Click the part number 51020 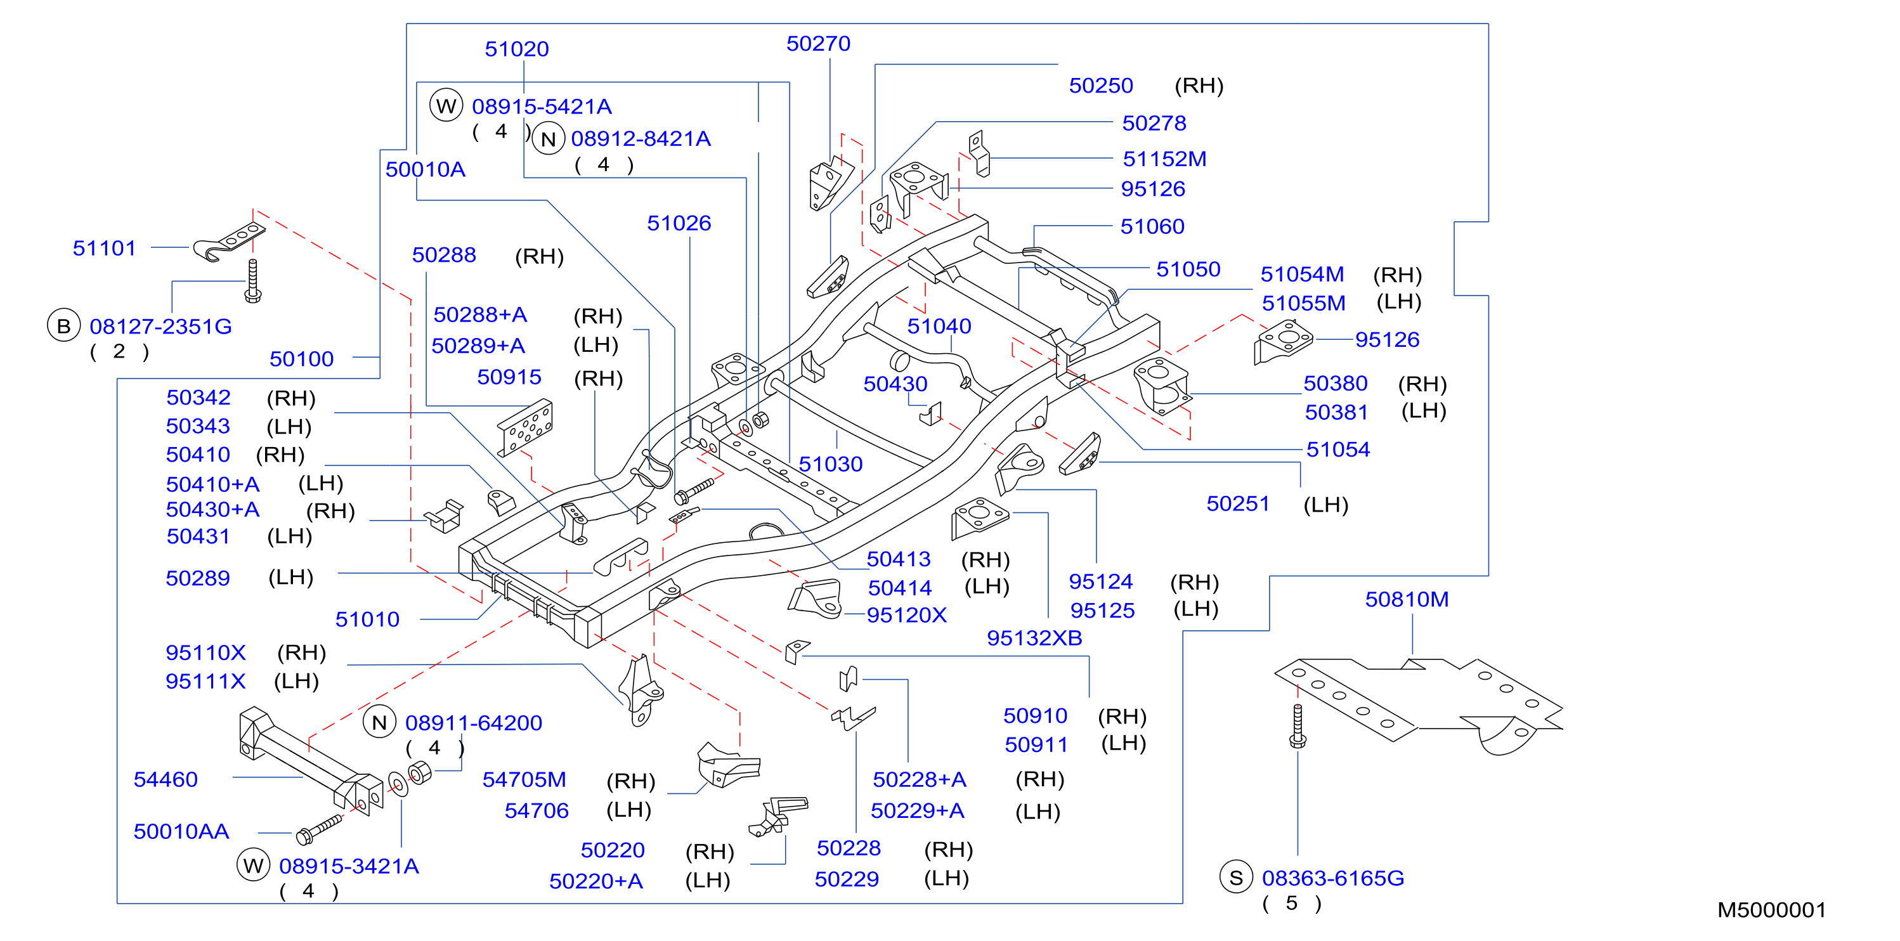point(516,49)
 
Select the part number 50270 point(818,44)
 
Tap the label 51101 point(104,248)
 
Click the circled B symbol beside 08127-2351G point(63,325)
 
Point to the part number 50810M point(1407,599)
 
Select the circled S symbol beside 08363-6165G point(1236,877)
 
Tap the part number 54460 point(166,779)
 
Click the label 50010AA point(181,831)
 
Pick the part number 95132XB point(1034,638)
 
